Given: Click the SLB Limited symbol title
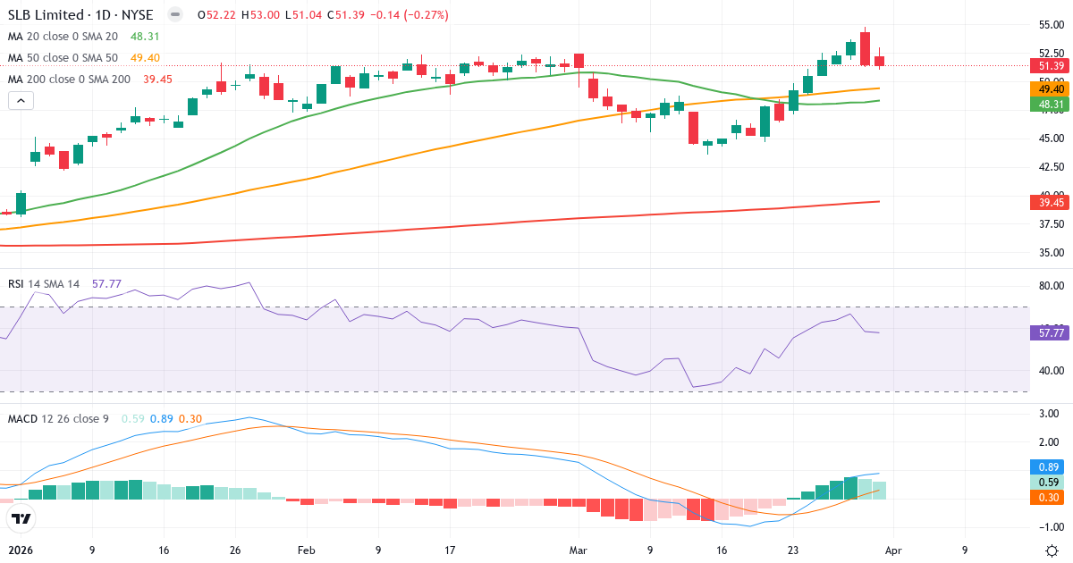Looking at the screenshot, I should pos(80,15).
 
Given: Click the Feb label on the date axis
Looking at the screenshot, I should pos(307,550).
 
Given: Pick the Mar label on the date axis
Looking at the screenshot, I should pos(578,550).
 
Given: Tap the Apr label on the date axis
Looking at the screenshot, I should pos(892,550).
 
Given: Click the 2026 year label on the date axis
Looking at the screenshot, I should pos(21,550).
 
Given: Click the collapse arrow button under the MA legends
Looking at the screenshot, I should pos(21,101).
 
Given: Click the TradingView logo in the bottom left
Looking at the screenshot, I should pos(21,518).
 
